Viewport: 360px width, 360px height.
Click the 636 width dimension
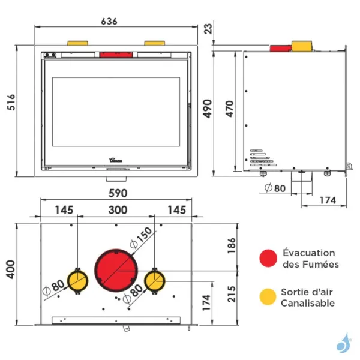point(109,21)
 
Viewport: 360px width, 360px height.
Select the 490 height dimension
point(208,109)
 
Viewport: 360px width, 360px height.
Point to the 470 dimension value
point(229,109)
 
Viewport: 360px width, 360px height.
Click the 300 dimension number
point(117,210)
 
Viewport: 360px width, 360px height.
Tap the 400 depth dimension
point(10,273)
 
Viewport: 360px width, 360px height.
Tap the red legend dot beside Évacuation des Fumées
point(268,259)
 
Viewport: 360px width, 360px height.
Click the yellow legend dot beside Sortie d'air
point(268,297)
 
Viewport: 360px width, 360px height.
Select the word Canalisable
point(308,303)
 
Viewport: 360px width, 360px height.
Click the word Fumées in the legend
point(325,264)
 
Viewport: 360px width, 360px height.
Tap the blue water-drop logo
point(343,344)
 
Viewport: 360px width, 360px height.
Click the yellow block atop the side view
point(302,46)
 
